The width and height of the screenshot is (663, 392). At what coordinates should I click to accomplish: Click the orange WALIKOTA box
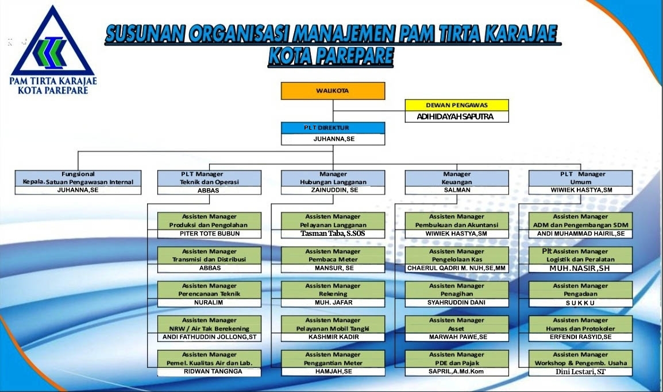pyautogui.click(x=333, y=91)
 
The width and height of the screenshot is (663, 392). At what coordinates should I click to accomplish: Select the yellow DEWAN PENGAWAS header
pyautogui.click(x=457, y=105)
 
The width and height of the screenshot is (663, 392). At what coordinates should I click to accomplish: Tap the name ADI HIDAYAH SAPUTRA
pyautogui.click(x=456, y=117)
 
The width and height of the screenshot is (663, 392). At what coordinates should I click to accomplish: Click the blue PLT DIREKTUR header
pyautogui.click(x=333, y=128)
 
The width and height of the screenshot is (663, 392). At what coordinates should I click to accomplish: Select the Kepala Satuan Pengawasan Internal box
pyautogui.click(x=78, y=182)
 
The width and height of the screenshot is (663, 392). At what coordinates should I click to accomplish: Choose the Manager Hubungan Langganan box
pyautogui.click(x=333, y=182)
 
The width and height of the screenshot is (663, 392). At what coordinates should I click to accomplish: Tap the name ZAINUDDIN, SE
pyautogui.click(x=334, y=190)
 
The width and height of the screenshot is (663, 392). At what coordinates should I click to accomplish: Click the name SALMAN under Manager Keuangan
pyautogui.click(x=457, y=190)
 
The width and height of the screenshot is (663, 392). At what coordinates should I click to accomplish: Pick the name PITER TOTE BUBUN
pyautogui.click(x=210, y=234)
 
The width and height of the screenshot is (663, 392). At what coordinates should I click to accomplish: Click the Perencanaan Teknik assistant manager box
pyautogui.click(x=209, y=294)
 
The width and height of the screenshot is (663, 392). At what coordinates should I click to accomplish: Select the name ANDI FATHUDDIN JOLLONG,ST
pyautogui.click(x=210, y=337)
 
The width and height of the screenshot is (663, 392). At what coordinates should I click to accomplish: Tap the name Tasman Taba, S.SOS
pyautogui.click(x=333, y=233)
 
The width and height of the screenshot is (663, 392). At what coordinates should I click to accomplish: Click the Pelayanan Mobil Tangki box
pyautogui.click(x=333, y=329)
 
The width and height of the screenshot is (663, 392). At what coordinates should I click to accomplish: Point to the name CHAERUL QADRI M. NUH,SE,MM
pyautogui.click(x=457, y=268)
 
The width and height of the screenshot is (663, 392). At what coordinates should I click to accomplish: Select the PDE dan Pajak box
pyautogui.click(x=457, y=363)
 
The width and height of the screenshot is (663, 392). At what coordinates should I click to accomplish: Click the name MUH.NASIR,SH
pyautogui.click(x=580, y=268)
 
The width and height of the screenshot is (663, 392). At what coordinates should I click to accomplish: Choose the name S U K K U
pyautogui.click(x=580, y=303)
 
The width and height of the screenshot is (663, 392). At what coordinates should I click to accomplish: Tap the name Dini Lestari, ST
pyautogui.click(x=580, y=372)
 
